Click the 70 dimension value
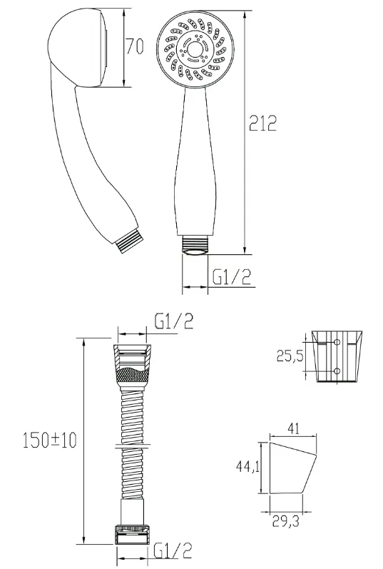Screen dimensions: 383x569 coord(135,46)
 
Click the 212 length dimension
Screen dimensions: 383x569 coord(263,124)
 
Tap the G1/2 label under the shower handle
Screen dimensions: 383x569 coord(232,277)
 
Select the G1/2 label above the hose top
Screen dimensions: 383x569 coord(174,321)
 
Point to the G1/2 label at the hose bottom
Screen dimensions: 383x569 coord(173,550)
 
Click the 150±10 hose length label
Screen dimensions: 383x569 coord(50,440)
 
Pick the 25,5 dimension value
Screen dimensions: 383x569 coord(290,356)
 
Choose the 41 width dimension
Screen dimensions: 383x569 coord(293,428)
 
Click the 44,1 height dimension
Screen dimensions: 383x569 coord(247,467)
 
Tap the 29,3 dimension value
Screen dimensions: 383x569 coord(286,522)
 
